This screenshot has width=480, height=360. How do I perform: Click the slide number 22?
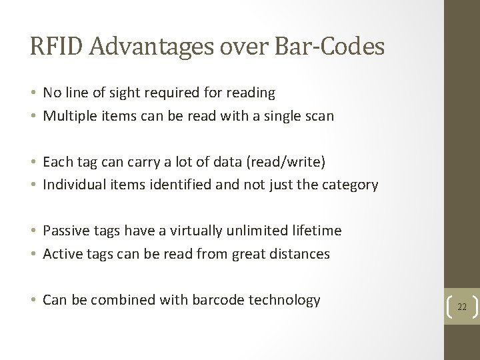click(x=462, y=306)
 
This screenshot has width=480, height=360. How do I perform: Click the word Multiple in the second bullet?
click(x=69, y=115)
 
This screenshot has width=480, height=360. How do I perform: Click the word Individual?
click(x=74, y=185)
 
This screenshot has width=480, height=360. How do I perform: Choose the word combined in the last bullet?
click(x=123, y=300)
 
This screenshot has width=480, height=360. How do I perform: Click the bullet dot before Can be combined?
click(x=34, y=301)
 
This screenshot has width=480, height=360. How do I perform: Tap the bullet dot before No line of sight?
click(x=34, y=93)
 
